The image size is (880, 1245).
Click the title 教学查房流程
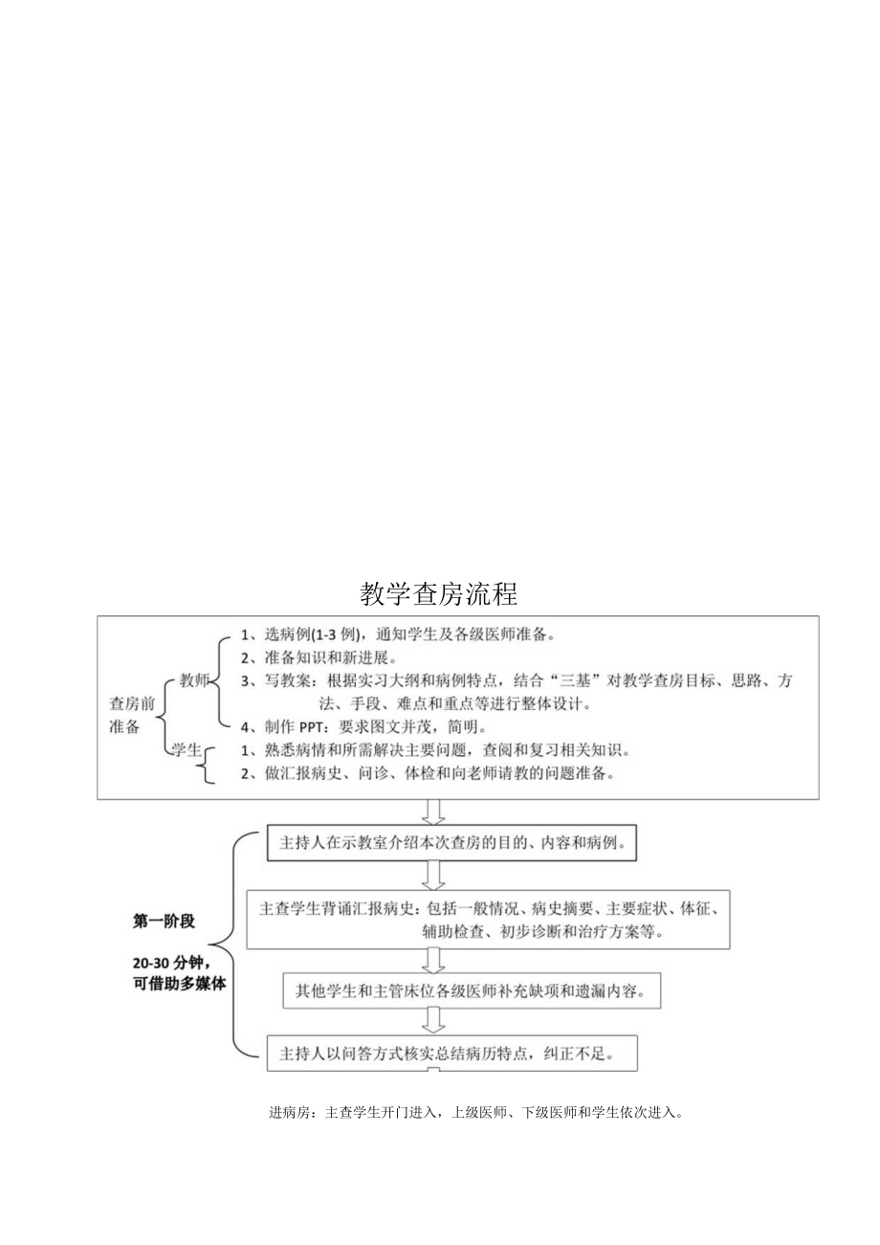click(x=439, y=594)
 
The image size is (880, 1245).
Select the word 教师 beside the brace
click(x=194, y=681)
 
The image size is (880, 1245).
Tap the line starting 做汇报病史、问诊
click(x=426, y=774)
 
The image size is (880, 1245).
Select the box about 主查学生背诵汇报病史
click(x=488, y=918)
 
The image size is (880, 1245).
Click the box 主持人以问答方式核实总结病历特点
click(x=452, y=1054)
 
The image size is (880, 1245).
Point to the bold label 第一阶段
click(x=164, y=922)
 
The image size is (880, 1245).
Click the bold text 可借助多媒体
click(x=181, y=983)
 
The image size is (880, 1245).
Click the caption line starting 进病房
click(x=475, y=1113)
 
